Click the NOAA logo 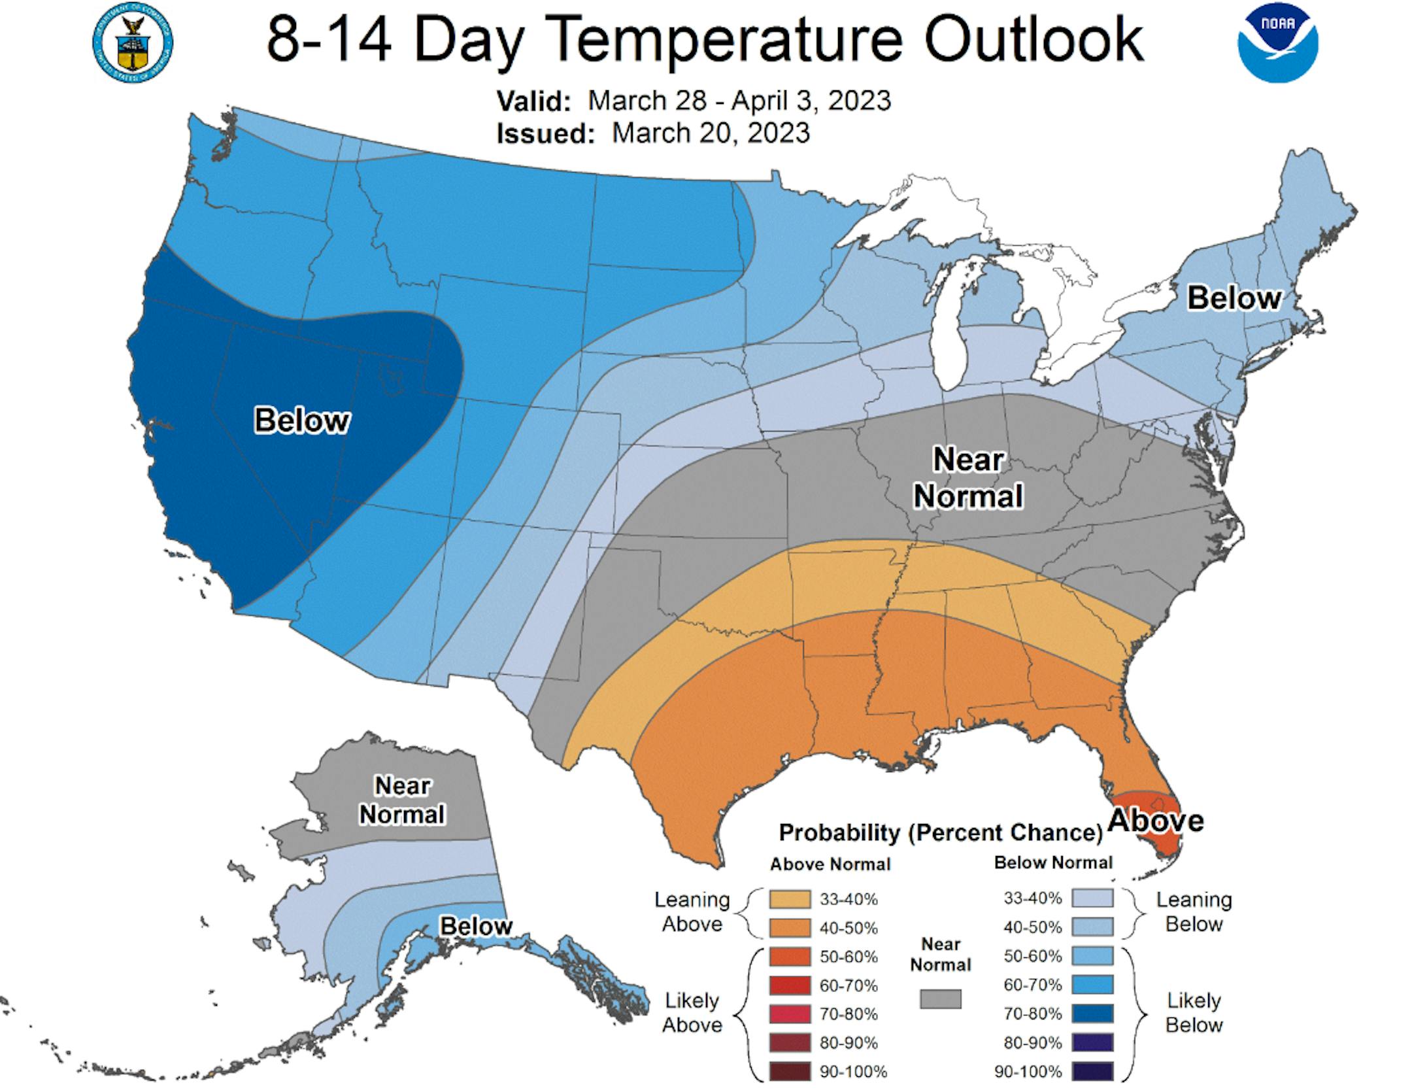(x=1277, y=44)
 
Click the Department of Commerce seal (x=133, y=44)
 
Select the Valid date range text (x=739, y=101)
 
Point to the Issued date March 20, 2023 (x=711, y=133)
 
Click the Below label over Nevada (x=301, y=420)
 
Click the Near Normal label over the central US (x=967, y=478)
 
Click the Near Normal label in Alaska (x=402, y=800)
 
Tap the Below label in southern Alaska (x=476, y=926)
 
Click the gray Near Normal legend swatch (x=941, y=998)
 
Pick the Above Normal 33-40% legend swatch (x=790, y=899)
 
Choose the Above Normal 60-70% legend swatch (x=790, y=985)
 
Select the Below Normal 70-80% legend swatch (x=1092, y=1014)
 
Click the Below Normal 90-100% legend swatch (x=1092, y=1071)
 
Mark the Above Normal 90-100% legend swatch (x=790, y=1072)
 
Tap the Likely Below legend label (x=1194, y=1012)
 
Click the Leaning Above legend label (x=692, y=912)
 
